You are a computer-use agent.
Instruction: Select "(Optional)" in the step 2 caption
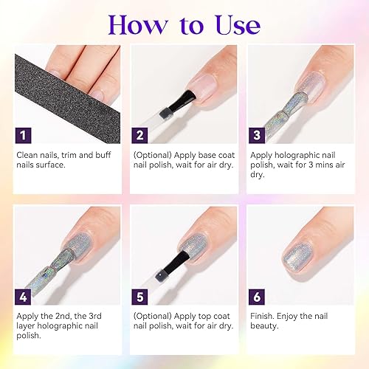point(152,156)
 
